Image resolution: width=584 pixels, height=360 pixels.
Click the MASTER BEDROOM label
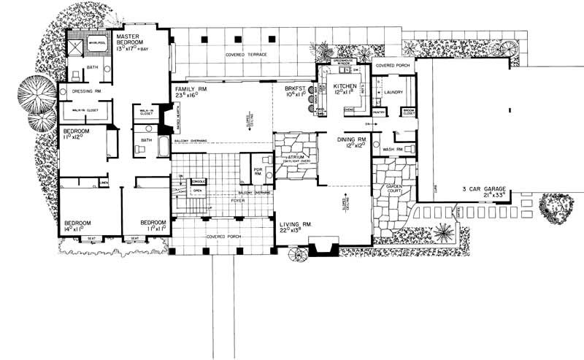[134, 39]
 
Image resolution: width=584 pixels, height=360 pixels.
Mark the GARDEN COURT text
[385, 189]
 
